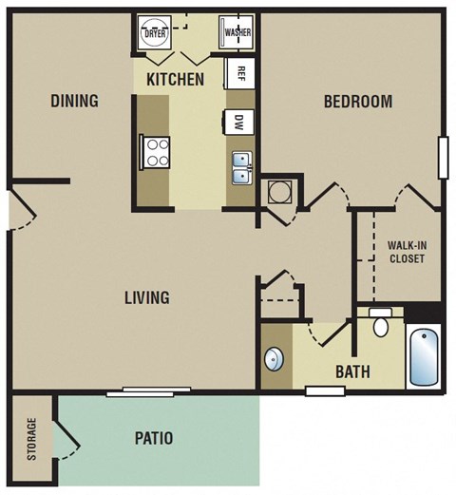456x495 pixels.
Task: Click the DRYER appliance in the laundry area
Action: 154,32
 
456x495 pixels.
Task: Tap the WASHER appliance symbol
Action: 236,32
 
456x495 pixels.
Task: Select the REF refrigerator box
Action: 241,72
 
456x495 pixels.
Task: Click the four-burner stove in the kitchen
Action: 155,150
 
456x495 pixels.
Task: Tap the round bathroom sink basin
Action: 274,359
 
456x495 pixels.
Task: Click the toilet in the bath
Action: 380,325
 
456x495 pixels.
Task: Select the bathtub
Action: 424,355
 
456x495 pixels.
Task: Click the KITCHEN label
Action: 175,79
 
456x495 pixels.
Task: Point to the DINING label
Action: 74,101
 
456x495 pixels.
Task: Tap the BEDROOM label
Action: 357,102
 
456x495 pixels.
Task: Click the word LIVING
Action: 146,297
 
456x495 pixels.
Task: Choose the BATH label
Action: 352,371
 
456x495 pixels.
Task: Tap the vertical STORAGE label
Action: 31,439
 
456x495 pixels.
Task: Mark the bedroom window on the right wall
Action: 442,158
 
